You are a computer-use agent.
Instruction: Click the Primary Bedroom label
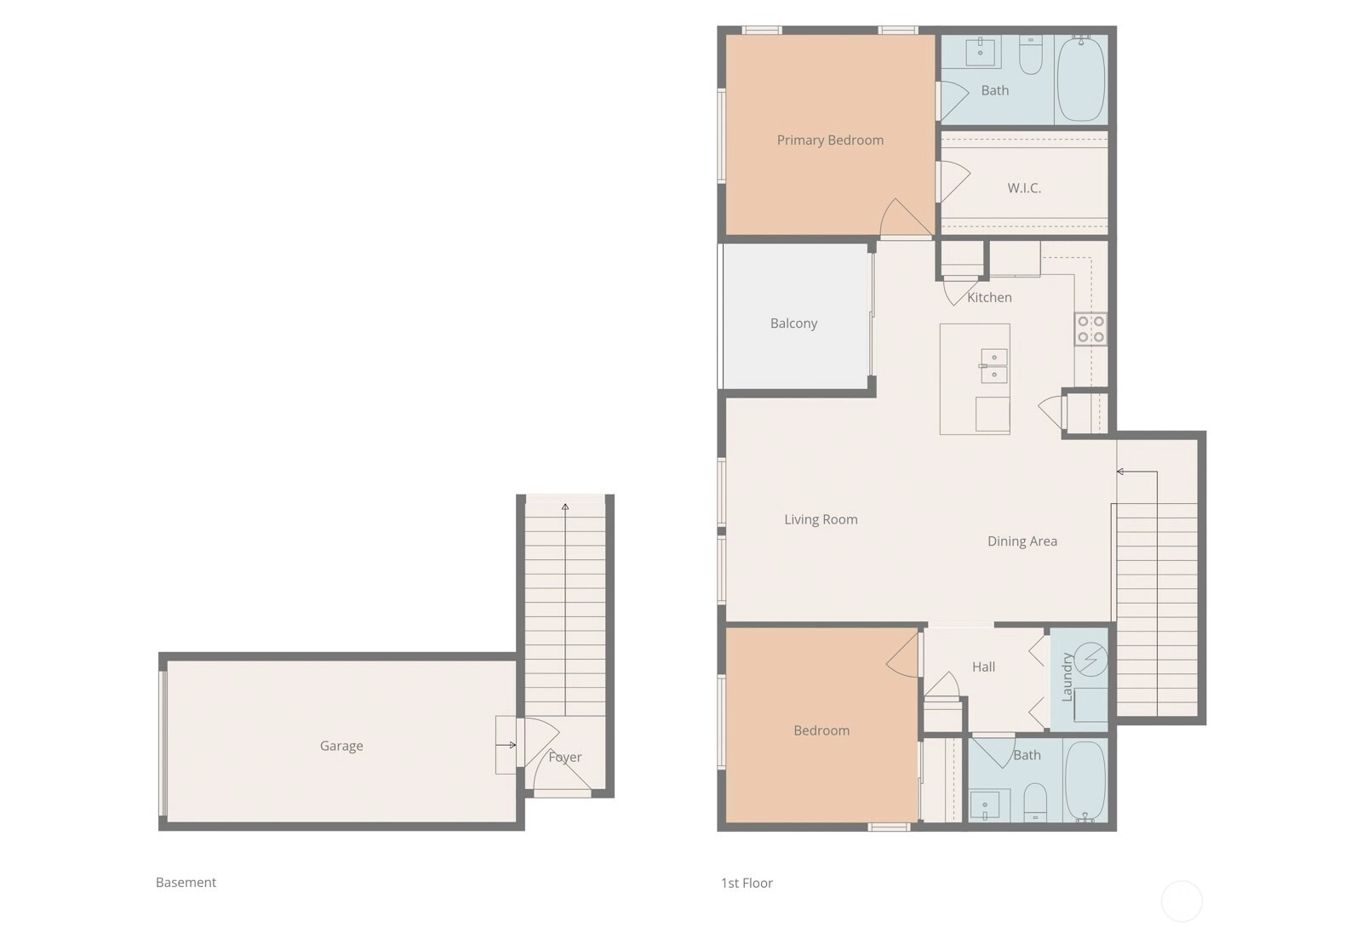830,140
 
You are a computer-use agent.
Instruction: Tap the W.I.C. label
1024,188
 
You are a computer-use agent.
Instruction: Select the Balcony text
793,323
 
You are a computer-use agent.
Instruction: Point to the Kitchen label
989,297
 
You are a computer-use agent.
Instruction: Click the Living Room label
821,519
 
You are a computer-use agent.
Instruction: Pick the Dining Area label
1022,541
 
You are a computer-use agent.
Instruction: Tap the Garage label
341,746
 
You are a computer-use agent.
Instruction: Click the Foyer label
565,758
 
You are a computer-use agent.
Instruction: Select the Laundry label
1067,677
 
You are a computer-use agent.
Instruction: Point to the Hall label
983,667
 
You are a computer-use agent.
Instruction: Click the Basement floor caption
186,883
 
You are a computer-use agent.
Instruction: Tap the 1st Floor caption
747,883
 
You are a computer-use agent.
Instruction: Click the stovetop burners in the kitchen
1090,329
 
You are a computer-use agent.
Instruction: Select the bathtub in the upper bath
1082,79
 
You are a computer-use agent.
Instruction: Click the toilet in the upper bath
1031,55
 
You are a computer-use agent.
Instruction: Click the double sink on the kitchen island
993,366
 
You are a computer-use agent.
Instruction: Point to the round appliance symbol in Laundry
1090,659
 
